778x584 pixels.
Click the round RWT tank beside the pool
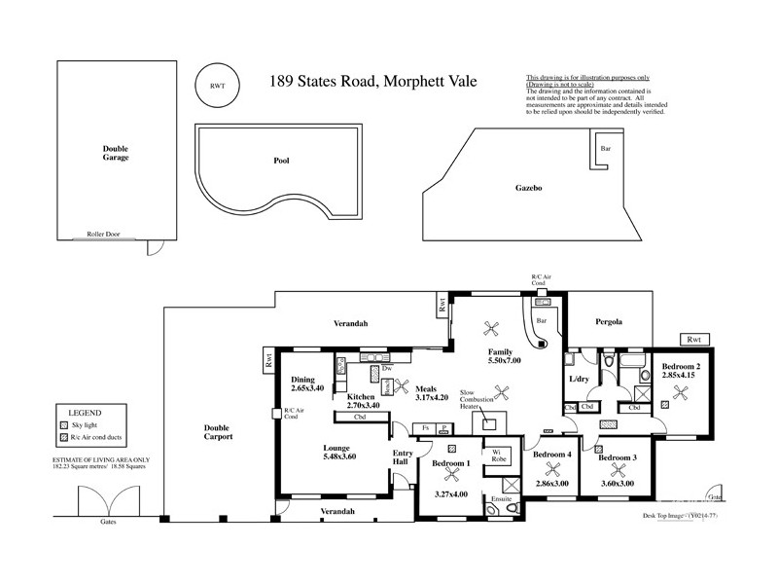click(x=216, y=86)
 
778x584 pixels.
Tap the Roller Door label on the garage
click(x=102, y=235)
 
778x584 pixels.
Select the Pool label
click(x=283, y=161)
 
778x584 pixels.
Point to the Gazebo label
click(x=529, y=186)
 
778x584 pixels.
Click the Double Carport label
click(x=219, y=433)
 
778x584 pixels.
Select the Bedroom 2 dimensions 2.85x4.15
click(x=681, y=374)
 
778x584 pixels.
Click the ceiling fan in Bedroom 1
click(x=451, y=478)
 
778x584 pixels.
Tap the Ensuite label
click(x=502, y=498)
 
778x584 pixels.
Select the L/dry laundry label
click(x=579, y=378)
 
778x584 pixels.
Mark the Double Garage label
click(x=116, y=152)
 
